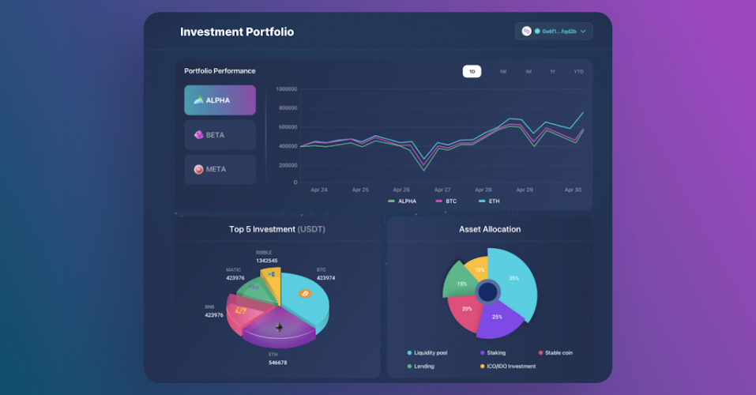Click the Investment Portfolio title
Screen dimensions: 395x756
tap(237, 32)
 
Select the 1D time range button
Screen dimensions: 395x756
tap(472, 72)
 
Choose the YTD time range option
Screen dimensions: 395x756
tap(578, 72)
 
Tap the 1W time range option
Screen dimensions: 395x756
tap(502, 72)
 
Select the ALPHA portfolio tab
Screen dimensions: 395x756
tap(220, 100)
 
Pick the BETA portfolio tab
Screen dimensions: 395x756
tap(220, 135)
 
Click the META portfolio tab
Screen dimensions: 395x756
tap(220, 169)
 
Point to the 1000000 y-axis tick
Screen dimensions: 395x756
tap(286, 88)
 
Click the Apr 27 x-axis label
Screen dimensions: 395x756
tap(442, 190)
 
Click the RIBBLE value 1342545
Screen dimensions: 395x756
tap(266, 260)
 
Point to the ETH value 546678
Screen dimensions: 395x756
tap(277, 363)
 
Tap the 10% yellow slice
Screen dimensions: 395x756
tap(479, 270)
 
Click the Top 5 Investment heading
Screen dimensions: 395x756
tap(276, 229)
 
